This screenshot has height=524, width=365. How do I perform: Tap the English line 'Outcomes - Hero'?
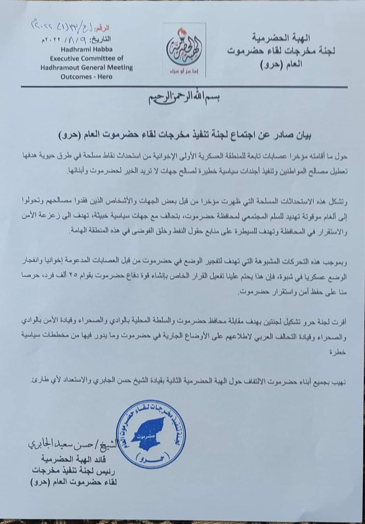click(x=87, y=77)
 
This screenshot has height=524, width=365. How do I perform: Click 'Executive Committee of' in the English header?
click(x=87, y=58)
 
